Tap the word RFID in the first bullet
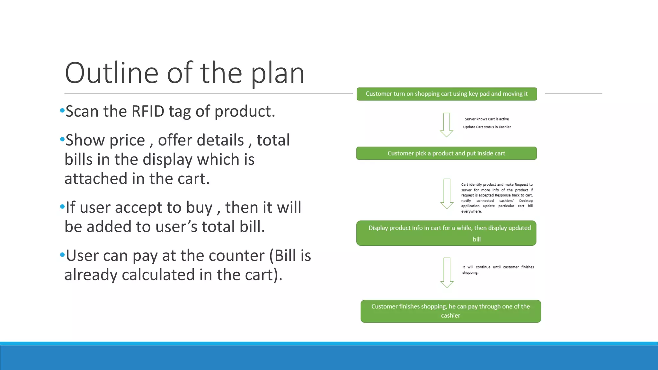pos(148,111)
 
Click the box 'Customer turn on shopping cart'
pos(447,94)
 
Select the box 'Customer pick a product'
pos(446,153)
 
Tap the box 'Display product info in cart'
pos(446,233)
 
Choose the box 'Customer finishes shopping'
pos(450,311)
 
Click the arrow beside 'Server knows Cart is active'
pos(446,125)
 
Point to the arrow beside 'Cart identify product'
pos(447,193)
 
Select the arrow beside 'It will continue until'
pos(447,272)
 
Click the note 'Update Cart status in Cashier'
pos(487,127)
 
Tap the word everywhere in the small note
pos(471,211)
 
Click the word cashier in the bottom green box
pos(450,315)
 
